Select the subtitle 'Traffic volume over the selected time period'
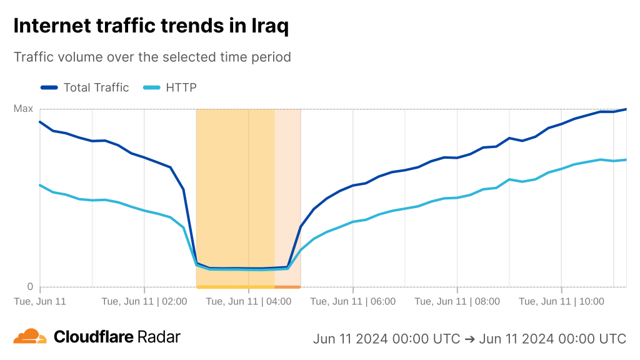coord(152,57)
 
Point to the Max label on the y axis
coord(24,109)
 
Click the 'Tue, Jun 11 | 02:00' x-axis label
coord(144,301)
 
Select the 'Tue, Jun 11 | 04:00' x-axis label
coord(249,301)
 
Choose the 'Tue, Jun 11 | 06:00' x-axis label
coord(353,301)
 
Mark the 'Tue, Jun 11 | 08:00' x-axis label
coord(457,301)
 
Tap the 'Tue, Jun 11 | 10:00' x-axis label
coord(561,301)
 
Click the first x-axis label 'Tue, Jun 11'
coord(40,301)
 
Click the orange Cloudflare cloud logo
coord(30,336)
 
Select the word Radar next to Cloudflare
coord(159,337)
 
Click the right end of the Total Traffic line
coord(626,109)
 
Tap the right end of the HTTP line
coord(626,160)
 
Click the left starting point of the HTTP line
coord(40,185)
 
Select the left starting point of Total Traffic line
coord(40,122)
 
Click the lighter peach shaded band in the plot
coord(287,187)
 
